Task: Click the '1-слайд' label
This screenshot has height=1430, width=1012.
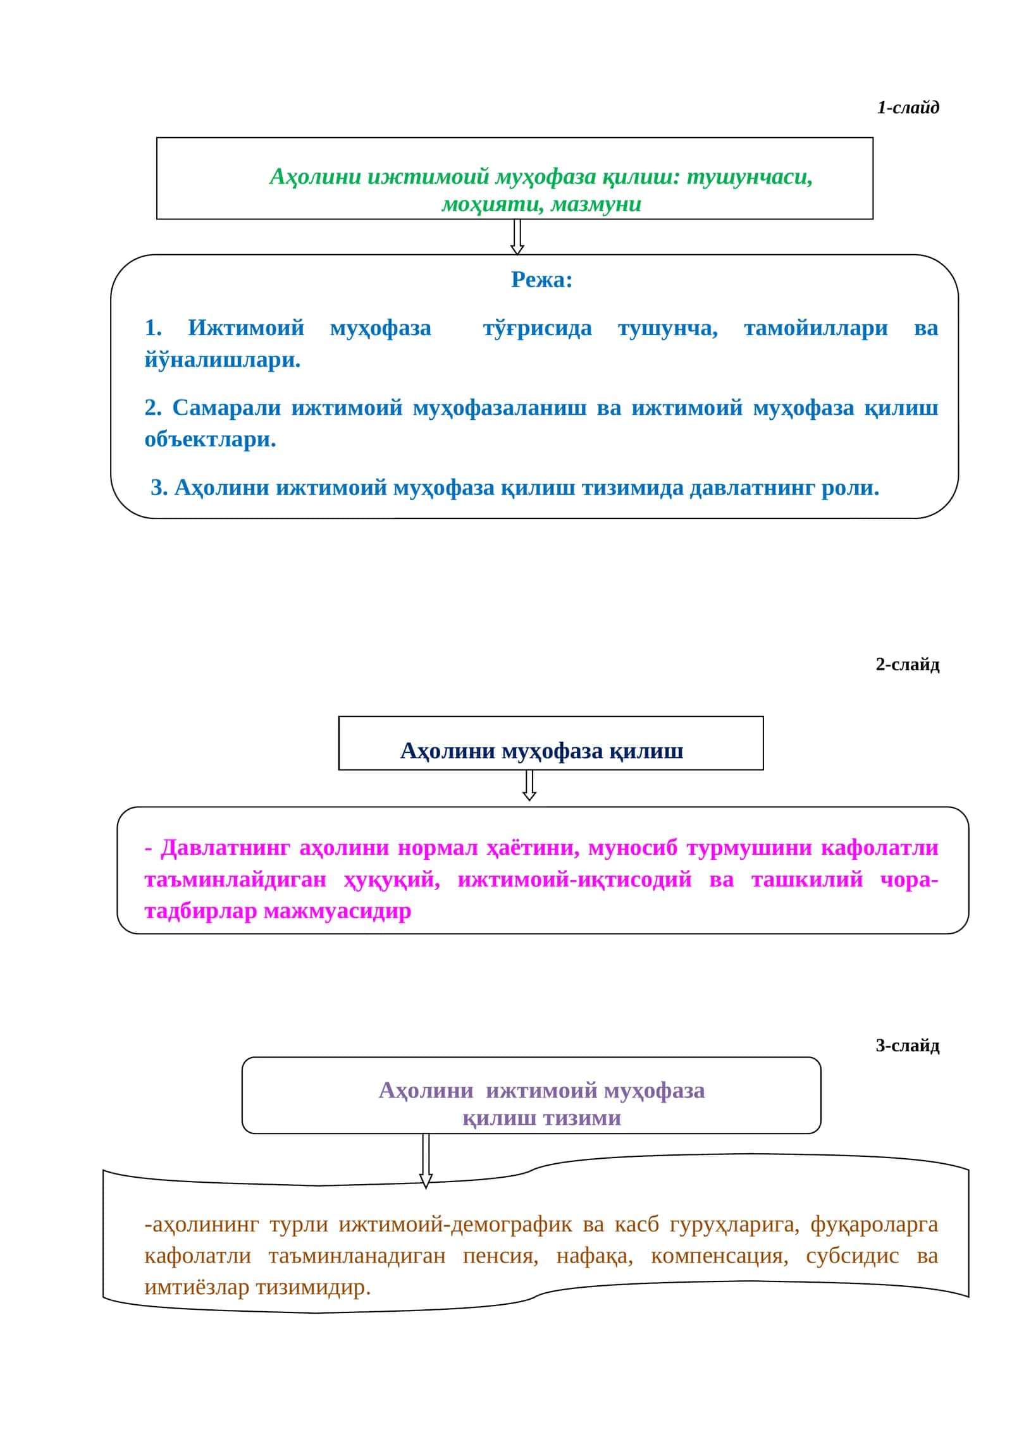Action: point(908,107)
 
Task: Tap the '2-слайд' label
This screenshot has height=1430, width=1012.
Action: point(908,664)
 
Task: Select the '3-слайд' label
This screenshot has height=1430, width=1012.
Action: point(908,1046)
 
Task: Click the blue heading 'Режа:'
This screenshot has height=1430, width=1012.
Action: point(541,279)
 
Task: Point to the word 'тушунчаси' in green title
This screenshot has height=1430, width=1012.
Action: point(750,177)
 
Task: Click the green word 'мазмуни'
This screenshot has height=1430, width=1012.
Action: point(596,204)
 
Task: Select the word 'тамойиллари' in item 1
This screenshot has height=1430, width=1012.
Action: point(816,328)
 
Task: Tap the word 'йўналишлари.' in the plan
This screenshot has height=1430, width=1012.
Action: point(223,360)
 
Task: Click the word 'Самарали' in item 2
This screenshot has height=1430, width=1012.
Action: point(226,408)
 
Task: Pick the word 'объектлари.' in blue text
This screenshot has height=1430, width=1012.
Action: point(211,439)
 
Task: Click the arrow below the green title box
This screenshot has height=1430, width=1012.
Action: point(517,237)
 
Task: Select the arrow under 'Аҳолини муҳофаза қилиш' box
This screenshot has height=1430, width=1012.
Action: point(530,785)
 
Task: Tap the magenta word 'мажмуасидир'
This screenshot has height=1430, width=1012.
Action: point(337,911)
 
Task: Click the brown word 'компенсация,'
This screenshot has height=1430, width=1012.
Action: point(720,1256)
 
